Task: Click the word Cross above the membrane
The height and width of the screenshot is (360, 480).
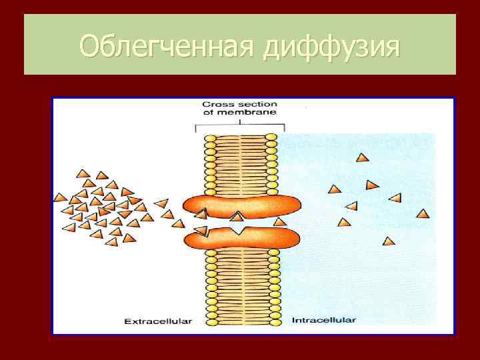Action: coord(217,105)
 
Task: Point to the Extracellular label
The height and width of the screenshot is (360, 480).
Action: coord(158,321)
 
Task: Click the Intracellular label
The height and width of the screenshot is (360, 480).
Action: coord(323,320)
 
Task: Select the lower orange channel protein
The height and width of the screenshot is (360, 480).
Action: coord(240,237)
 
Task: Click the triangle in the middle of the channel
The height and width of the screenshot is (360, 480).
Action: coord(237,217)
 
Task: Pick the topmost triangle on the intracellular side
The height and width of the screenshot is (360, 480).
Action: coord(362,158)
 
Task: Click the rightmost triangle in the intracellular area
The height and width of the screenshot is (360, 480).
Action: coord(422,214)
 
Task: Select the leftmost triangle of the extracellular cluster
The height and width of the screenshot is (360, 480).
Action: coord(60,198)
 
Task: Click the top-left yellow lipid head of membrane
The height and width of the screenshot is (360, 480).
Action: coord(209,138)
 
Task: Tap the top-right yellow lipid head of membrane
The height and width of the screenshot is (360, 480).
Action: coord(271,138)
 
